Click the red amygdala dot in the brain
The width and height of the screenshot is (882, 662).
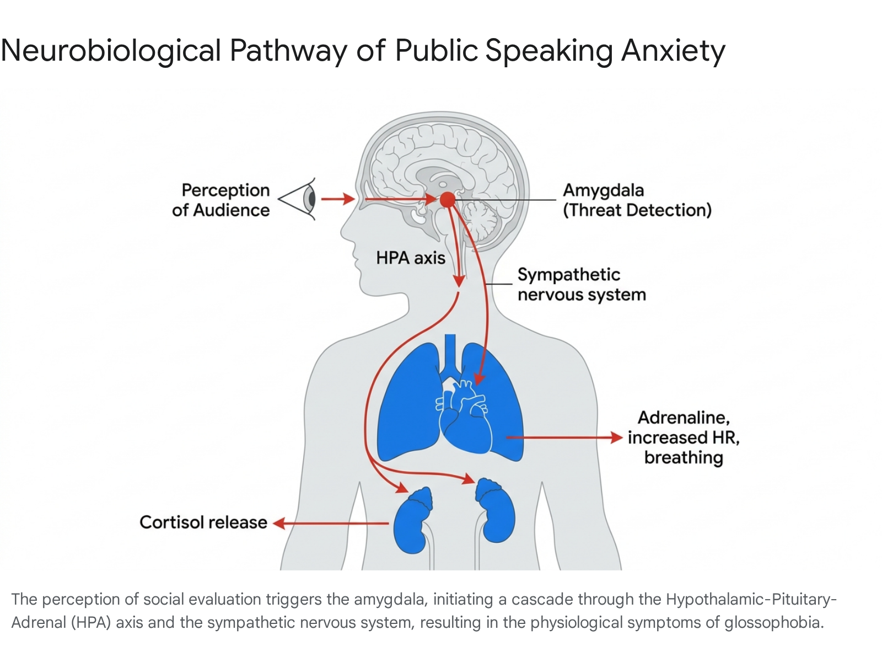[x=447, y=199]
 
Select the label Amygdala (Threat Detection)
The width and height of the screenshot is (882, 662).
[x=637, y=200]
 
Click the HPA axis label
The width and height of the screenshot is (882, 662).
[x=410, y=258]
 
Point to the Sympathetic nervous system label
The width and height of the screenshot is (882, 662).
[x=582, y=285]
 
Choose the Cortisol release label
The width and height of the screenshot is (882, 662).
[x=203, y=522]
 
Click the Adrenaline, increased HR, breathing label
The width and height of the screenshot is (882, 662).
[x=684, y=437]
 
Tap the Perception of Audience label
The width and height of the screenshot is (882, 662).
[x=221, y=200]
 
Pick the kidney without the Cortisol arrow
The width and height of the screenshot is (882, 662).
[x=496, y=510]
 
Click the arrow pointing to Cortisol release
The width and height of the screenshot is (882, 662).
[x=331, y=524]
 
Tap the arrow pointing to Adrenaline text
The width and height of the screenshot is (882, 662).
[x=564, y=437]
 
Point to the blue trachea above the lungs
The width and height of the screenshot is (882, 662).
[x=450, y=354]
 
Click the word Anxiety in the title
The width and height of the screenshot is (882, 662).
[x=673, y=51]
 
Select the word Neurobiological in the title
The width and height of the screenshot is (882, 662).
[x=111, y=51]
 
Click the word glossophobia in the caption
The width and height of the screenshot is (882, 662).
[x=774, y=623]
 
